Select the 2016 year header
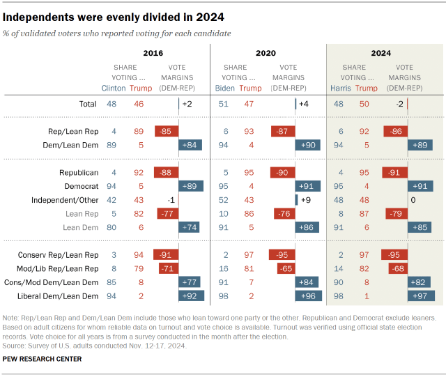point(154,52)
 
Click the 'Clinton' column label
point(115,89)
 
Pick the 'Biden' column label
point(224,89)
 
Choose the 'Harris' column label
point(341,89)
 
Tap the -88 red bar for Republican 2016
point(167,172)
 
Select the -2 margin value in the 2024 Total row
point(400,104)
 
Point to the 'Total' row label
point(87,104)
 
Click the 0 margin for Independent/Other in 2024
point(413,201)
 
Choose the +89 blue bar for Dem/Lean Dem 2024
point(421,145)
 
